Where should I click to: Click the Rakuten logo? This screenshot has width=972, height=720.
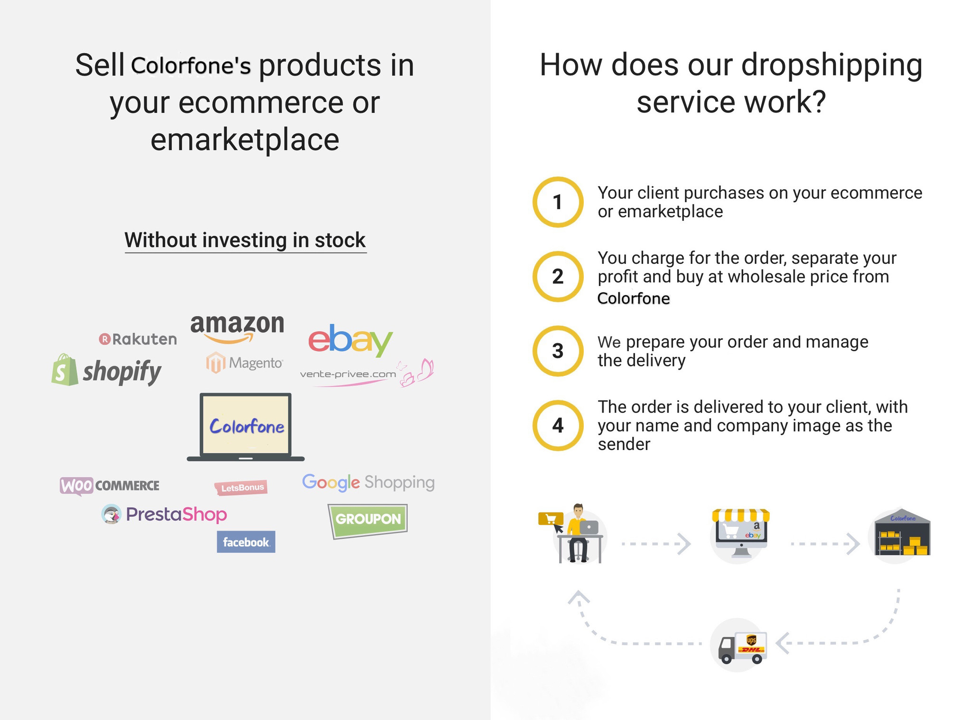coord(138,339)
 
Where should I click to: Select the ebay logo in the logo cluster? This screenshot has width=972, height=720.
coord(350,340)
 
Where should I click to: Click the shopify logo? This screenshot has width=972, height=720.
coord(106,370)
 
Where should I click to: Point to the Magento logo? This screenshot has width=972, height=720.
coord(244,363)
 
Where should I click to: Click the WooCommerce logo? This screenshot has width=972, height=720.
coord(110,486)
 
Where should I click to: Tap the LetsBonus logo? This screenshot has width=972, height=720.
coord(241,487)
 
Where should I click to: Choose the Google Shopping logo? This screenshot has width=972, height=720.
coord(368,482)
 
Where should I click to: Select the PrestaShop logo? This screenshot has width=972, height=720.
coord(164,514)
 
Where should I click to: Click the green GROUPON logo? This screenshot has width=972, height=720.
coord(368,521)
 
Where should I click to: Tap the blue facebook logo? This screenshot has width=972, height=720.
coord(246,542)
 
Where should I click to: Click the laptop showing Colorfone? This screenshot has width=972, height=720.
coord(245,427)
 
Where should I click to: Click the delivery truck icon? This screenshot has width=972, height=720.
coord(742,647)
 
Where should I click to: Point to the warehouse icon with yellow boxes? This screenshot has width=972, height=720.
coord(902,535)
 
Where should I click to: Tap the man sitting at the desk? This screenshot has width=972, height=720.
coord(578,533)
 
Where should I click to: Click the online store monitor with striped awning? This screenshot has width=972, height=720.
coord(740,533)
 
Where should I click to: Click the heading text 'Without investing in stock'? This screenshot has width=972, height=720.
coord(245,240)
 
